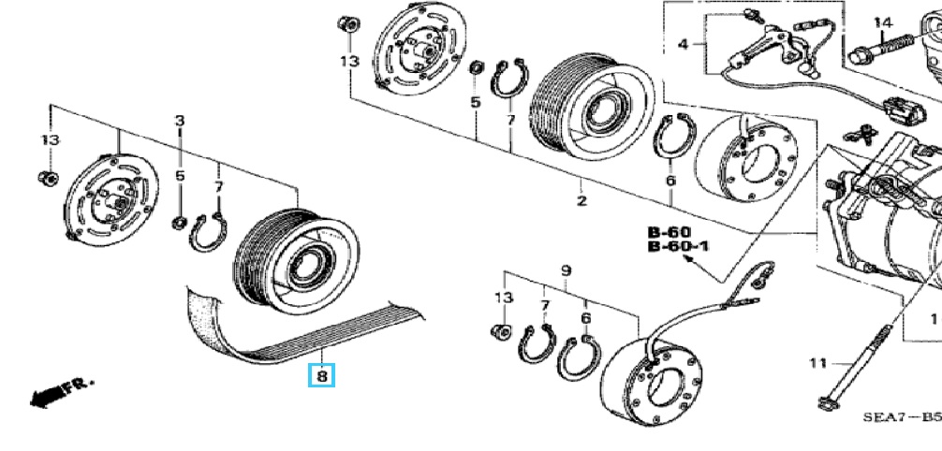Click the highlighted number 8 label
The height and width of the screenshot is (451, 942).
[321, 377]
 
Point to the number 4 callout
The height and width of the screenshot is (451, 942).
[683, 44]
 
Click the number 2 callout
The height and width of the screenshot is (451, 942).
[581, 201]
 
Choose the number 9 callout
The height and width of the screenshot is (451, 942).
[566, 271]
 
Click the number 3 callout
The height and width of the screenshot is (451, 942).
[181, 121]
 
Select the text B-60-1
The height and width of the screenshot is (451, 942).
[678, 246]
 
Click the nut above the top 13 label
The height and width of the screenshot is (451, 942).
[348, 23]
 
